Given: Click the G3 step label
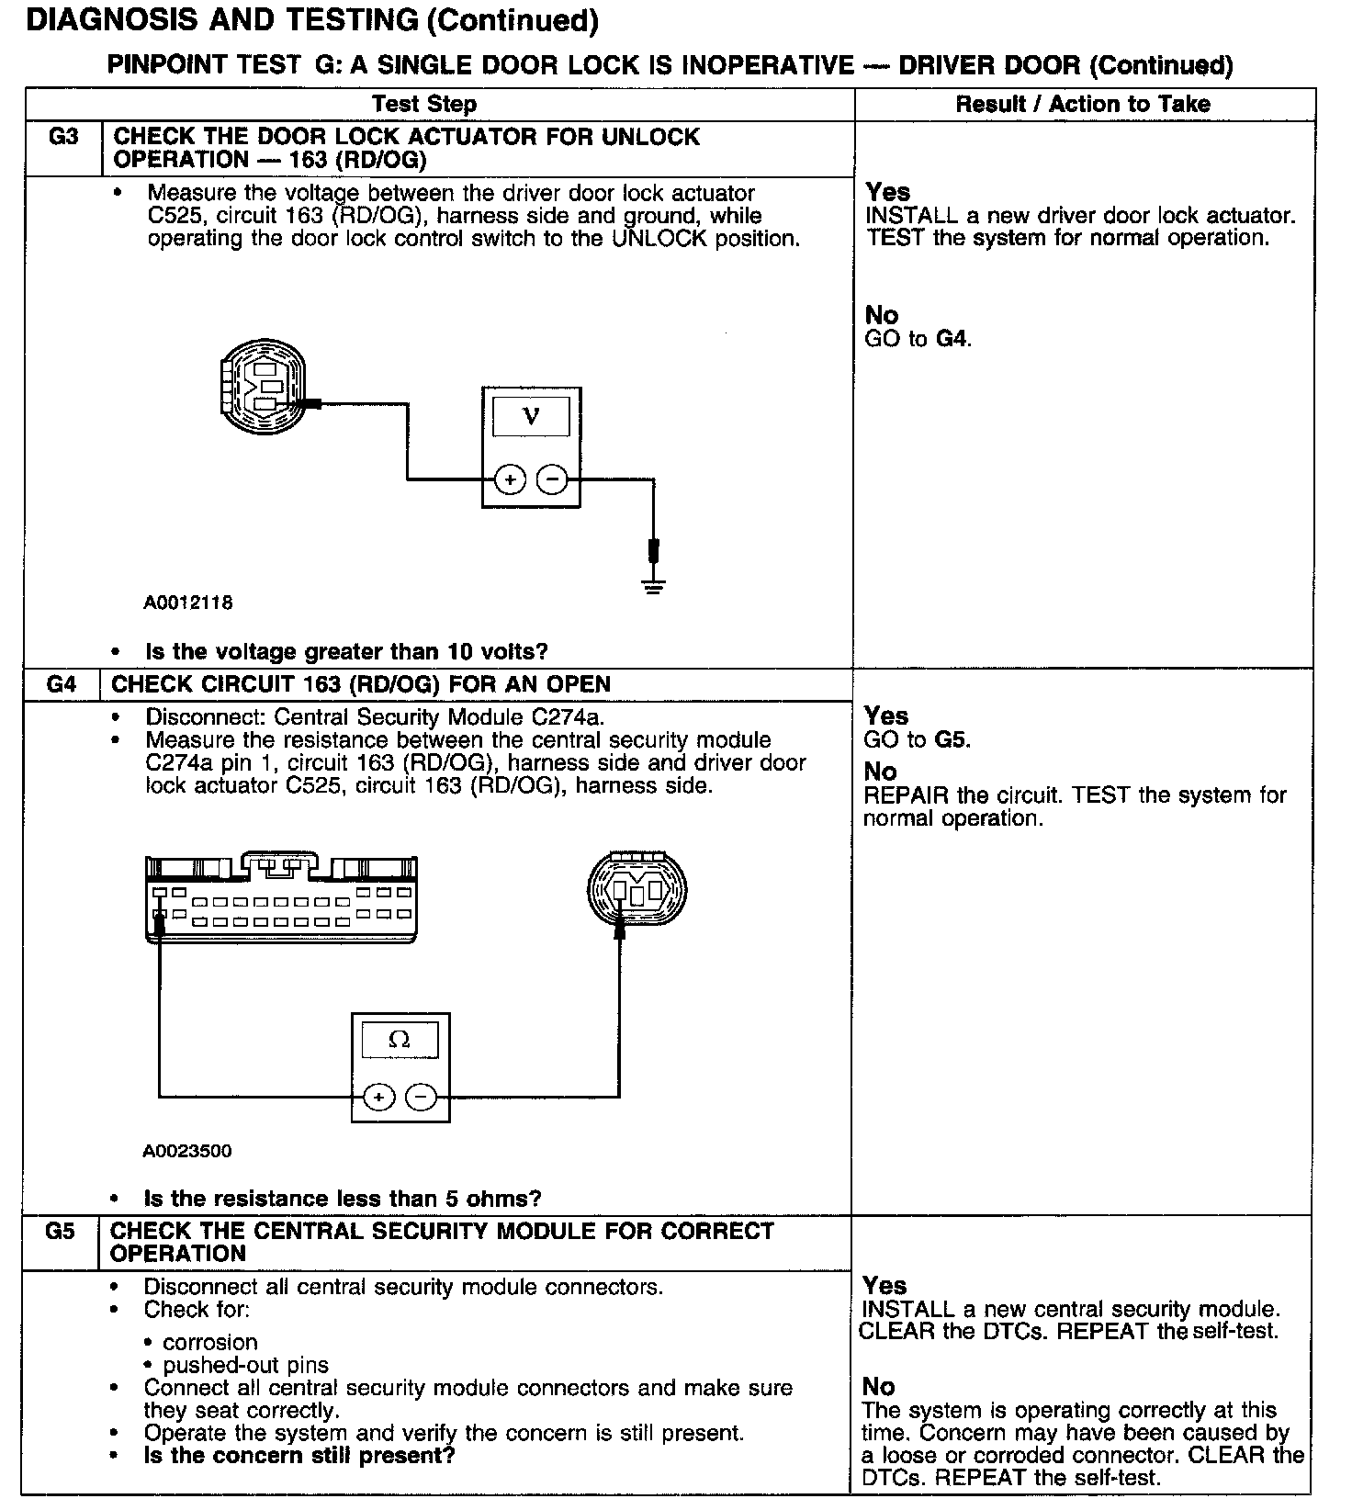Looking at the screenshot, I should [x=63, y=137].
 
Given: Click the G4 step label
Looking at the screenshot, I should [x=62, y=684].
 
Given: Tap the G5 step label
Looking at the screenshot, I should [x=60, y=1231].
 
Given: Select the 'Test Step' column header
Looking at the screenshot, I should [x=424, y=104].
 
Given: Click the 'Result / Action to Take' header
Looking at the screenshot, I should [x=1083, y=104].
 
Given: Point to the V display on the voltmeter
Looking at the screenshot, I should [x=531, y=416].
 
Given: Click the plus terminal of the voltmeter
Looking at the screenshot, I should [x=510, y=479].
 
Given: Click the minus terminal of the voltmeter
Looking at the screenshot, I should [x=551, y=479].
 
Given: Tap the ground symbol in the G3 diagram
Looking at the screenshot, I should [x=653, y=585].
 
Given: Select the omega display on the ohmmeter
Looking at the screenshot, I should [x=400, y=1040].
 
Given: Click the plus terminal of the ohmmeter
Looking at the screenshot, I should [x=379, y=1097].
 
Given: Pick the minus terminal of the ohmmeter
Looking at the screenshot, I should [x=421, y=1097].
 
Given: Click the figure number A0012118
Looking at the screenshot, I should [x=188, y=603].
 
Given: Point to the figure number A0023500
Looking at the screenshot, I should [x=187, y=1150].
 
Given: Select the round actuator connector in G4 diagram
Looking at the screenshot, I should [x=637, y=888].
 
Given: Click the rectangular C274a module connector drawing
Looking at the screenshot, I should [x=283, y=899].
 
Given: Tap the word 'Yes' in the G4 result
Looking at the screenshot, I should [x=886, y=716].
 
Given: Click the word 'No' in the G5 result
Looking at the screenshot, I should [x=879, y=1386].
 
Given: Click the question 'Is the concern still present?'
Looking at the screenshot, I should [x=299, y=1456].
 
